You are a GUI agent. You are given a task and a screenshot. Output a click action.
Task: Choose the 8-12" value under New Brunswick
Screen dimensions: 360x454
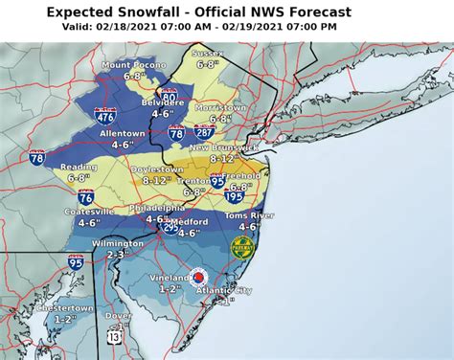(x=228, y=159)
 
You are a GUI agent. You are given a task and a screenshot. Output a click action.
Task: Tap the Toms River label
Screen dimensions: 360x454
(x=248, y=215)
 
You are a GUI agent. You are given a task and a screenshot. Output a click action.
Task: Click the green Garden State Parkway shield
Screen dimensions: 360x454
(x=242, y=246)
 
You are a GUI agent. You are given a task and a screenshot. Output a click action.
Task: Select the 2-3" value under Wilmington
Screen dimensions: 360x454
(x=117, y=256)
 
